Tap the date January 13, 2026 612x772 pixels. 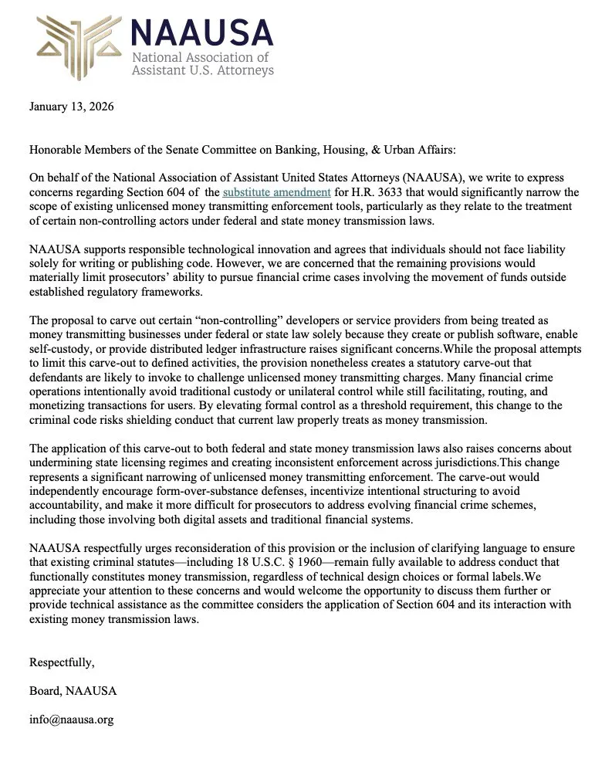click(x=71, y=107)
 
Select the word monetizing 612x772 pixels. click(x=61, y=405)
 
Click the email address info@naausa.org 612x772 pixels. click(x=71, y=720)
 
